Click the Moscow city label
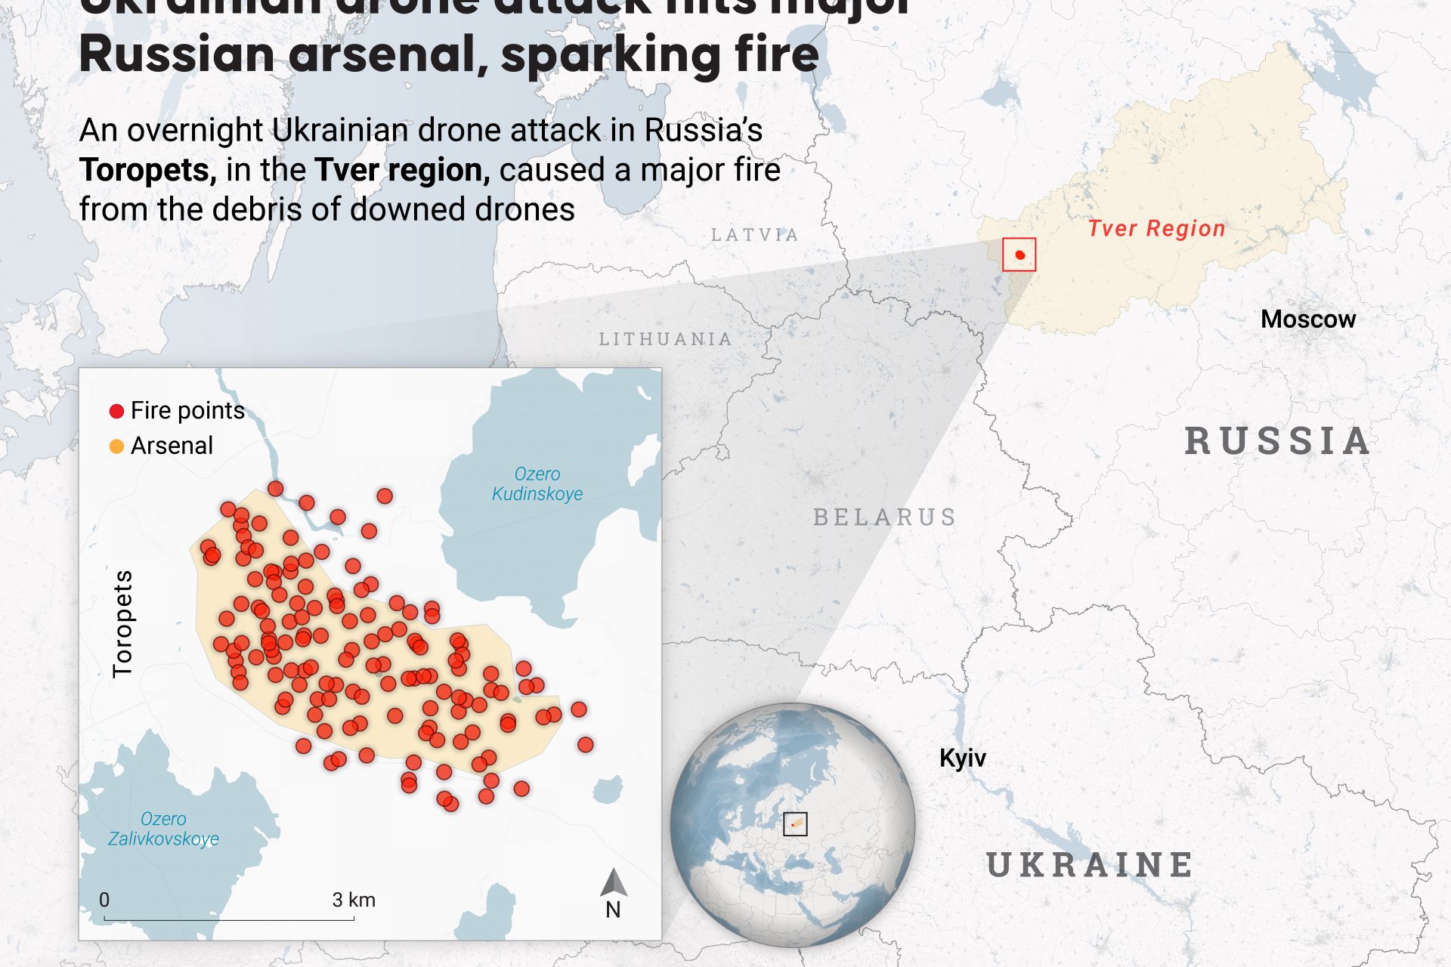tap(1307, 319)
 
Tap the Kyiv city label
tap(962, 758)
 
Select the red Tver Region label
tap(1156, 228)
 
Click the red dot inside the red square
tap(1020, 255)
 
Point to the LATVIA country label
tap(754, 235)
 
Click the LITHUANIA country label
tap(665, 339)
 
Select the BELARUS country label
tap(884, 517)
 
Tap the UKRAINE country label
tap(1090, 865)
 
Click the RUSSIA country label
tap(1277, 441)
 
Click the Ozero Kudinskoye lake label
tap(537, 483)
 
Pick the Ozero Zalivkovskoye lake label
tap(163, 829)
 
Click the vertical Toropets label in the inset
tap(122, 624)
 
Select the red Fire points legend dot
tap(116, 411)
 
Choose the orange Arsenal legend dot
tap(116, 446)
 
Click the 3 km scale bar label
tap(354, 900)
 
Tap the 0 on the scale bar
tap(104, 900)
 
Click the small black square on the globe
tap(795, 823)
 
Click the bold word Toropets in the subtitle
tap(147, 170)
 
